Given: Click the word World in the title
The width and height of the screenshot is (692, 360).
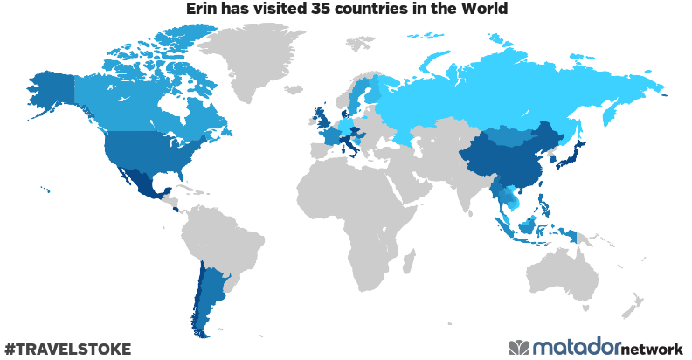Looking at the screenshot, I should point(483,10).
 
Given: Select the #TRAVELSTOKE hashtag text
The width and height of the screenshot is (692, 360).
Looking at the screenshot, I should point(67,349).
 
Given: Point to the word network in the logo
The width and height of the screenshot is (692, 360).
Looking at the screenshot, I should point(652,348).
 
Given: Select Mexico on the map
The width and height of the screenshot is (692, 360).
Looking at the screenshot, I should point(140,183).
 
